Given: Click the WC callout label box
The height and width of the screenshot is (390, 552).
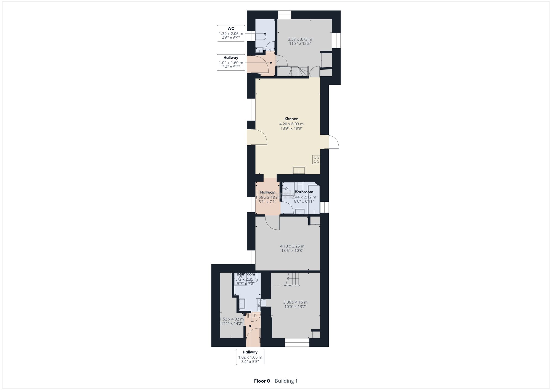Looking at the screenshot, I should pos(231,33).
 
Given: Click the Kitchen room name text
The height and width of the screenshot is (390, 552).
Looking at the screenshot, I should pos(291,119).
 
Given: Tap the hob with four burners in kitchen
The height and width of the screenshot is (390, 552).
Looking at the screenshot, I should pos(316,160).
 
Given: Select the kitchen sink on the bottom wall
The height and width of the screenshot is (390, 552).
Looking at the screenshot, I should pos(299,171).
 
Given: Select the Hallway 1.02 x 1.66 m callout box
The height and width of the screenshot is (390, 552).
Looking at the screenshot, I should pos(250,357).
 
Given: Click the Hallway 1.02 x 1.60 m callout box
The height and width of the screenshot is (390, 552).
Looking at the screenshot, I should pos(231,62).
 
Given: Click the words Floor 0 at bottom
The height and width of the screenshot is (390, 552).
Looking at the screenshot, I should pos(262,381).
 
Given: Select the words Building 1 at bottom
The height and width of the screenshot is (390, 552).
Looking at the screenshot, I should pos(286,381).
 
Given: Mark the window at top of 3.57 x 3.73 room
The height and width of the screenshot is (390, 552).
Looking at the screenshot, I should pos(285,15).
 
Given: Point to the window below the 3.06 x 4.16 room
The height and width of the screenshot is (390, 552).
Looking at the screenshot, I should pos(297,343).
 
